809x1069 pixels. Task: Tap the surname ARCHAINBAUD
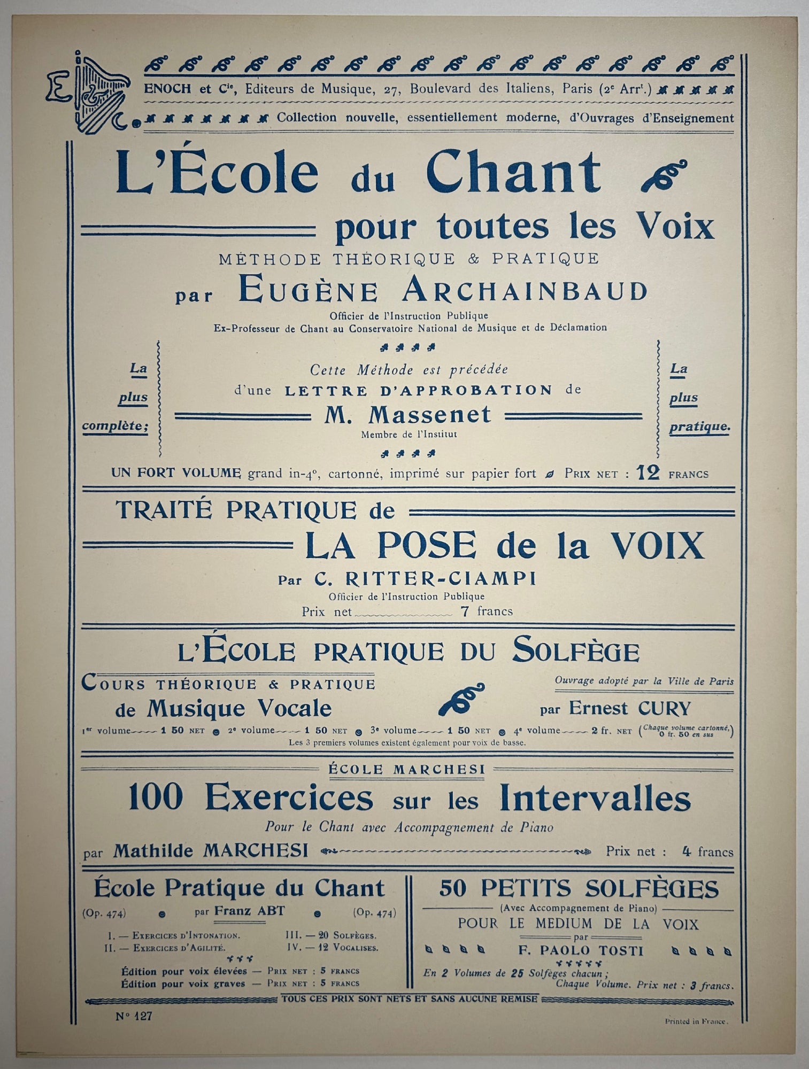coord(525,291)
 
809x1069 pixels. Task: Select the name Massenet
coord(407,415)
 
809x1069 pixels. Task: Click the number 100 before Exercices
coord(156,799)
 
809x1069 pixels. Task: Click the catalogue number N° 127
coord(134,1017)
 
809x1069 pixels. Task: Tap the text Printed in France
coord(696,1021)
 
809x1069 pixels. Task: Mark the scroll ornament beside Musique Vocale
coord(461,699)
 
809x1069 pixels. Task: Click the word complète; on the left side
coord(114,427)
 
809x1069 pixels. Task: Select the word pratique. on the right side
coord(699,427)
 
